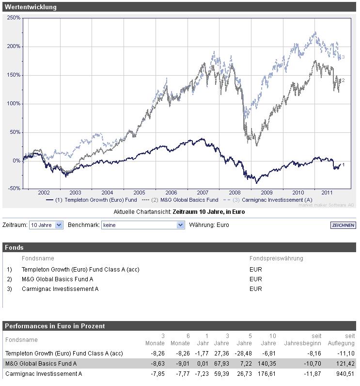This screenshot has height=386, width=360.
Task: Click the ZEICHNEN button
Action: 343,225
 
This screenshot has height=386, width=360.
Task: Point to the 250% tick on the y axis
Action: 14,18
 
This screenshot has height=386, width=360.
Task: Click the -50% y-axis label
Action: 14,188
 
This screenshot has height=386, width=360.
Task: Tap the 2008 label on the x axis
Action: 235,193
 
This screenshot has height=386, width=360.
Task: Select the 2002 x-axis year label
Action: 44,193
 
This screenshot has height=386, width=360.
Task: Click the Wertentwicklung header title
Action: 31,7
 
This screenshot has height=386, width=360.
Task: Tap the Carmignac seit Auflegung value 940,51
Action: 345,374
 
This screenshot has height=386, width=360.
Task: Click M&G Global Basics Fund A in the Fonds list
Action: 58,279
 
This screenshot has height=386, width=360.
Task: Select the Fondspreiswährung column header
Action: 276,258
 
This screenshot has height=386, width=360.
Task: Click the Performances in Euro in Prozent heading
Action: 55,326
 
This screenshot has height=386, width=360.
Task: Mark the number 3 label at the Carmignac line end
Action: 343,57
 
